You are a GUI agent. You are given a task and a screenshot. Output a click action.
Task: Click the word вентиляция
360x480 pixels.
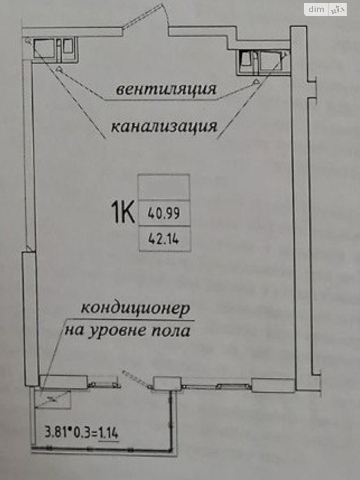166,89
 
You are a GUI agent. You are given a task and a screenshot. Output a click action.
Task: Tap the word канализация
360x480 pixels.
164,126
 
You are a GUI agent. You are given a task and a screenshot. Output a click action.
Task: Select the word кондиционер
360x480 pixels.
136,308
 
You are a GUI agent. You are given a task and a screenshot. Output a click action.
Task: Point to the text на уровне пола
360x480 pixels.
128,331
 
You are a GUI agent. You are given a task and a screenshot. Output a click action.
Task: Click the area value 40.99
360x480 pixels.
164,213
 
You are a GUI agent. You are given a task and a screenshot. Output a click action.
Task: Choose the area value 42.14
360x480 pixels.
164,239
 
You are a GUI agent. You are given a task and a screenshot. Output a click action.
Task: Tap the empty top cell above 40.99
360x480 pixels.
164,187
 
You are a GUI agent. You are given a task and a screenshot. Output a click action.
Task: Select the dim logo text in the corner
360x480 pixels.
316,9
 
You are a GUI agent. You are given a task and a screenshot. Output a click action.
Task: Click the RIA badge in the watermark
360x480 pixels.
338,10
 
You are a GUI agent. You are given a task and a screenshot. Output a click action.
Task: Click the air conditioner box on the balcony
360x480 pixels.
53,399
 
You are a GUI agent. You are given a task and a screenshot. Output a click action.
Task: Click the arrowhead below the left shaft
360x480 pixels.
60,69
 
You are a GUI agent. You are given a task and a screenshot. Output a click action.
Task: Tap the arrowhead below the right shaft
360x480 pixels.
256,81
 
